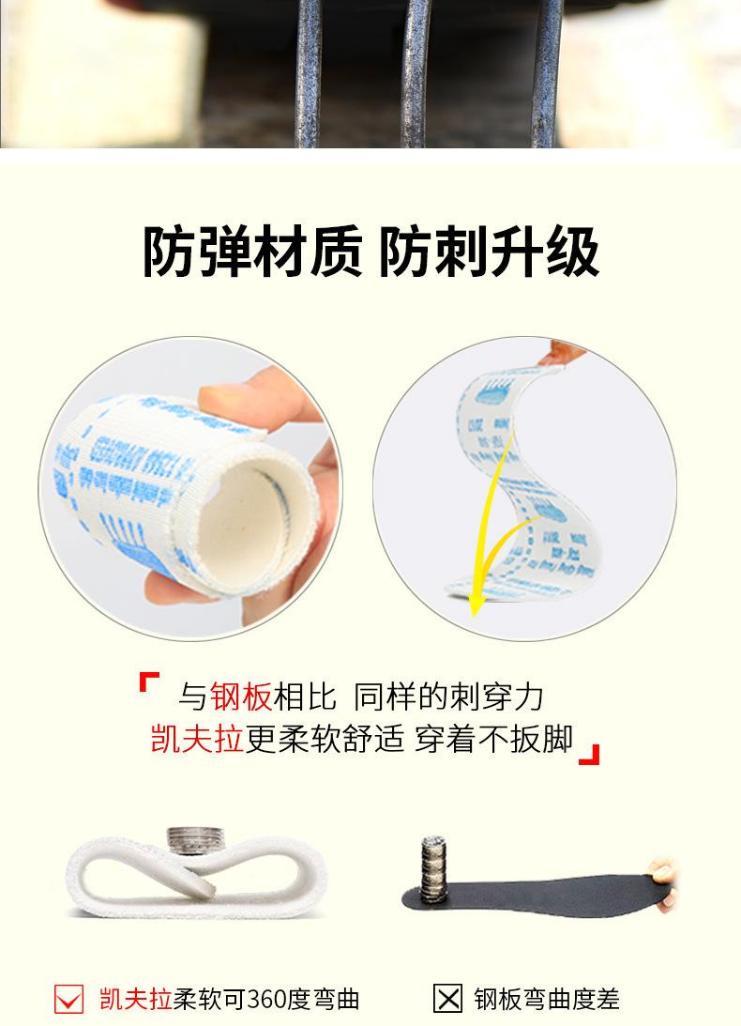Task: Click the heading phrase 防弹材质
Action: [251, 252]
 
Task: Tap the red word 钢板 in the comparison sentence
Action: [241, 697]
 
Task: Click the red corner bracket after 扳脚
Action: [589, 755]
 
